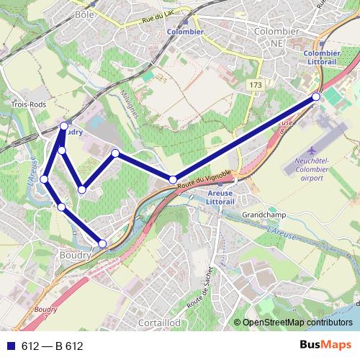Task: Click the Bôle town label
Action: (x=84, y=14)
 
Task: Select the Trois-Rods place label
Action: (x=29, y=104)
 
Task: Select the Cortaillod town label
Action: (x=159, y=324)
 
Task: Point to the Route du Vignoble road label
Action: (x=204, y=181)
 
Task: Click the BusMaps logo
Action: (x=325, y=346)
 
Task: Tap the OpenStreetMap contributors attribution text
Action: (x=297, y=323)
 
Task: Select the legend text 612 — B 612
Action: (x=53, y=346)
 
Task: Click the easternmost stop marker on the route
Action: (x=315, y=96)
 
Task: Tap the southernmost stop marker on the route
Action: (x=102, y=243)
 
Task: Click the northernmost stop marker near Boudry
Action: (x=64, y=126)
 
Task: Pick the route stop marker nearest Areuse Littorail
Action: (x=173, y=179)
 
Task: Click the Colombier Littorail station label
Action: (x=322, y=58)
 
